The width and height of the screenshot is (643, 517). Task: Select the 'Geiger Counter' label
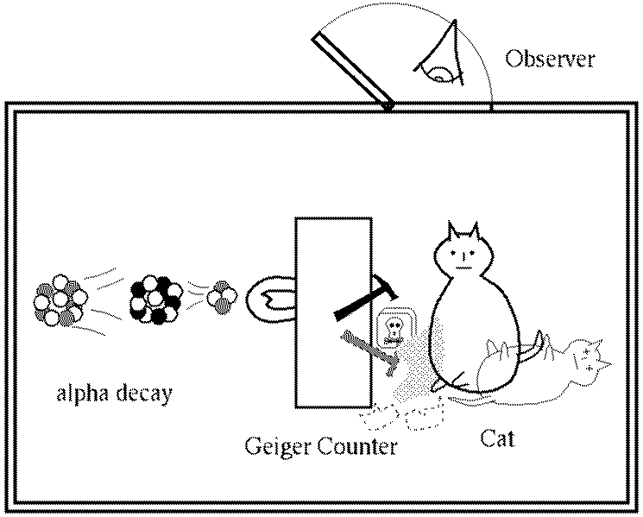tap(321, 447)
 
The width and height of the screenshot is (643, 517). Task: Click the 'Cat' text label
tap(497, 438)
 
